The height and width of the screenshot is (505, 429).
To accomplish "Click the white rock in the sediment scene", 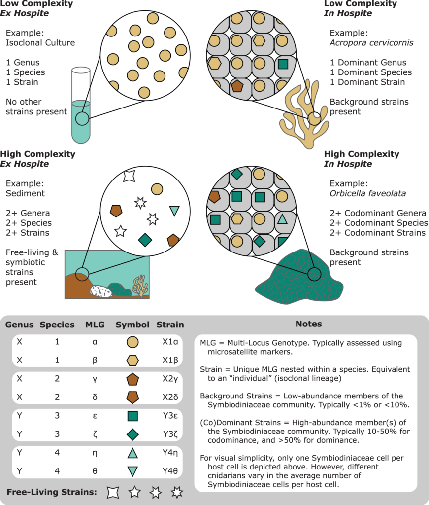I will [101, 291].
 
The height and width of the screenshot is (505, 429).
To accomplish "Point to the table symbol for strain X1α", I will [132, 342].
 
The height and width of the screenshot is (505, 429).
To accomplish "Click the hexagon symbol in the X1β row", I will [132, 361].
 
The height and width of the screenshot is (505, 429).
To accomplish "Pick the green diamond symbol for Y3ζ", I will [132, 435].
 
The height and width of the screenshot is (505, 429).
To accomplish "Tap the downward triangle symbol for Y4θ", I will [132, 471].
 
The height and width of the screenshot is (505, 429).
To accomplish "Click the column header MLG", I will [95, 325].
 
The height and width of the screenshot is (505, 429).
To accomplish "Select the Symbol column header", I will [132, 325].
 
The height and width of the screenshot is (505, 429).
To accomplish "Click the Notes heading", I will [308, 324].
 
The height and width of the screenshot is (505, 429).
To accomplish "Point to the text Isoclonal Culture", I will [40, 43].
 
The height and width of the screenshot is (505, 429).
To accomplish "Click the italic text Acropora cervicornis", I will [371, 43].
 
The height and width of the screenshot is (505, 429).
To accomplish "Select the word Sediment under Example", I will [23, 194].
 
